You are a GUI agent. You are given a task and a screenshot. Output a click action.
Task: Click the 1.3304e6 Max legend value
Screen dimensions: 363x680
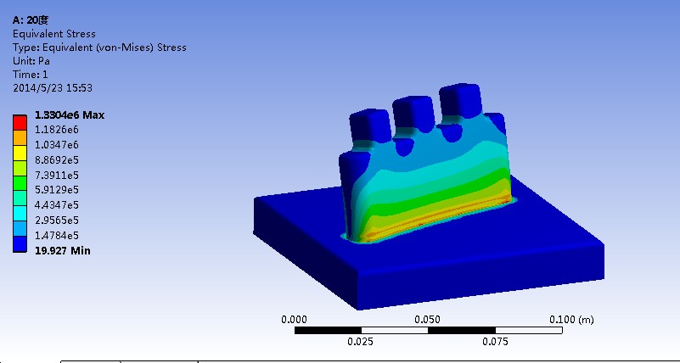[x=70, y=115]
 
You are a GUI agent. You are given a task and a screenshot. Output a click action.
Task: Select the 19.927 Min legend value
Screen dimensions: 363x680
[x=62, y=250]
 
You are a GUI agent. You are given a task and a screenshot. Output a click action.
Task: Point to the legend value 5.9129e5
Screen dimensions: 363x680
[x=57, y=190]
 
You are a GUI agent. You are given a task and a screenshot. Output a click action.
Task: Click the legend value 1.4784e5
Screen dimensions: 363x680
[x=57, y=235]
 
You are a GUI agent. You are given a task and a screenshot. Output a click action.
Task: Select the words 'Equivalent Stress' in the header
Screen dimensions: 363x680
[x=53, y=34]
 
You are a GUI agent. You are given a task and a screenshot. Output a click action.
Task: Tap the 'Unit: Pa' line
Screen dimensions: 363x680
[x=32, y=61]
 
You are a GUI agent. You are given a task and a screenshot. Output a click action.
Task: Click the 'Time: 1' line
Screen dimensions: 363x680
[x=30, y=75]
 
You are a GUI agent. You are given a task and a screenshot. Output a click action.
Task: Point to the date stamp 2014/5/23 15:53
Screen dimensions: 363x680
[x=53, y=87]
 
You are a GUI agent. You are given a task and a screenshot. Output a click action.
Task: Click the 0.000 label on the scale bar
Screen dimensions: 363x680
[x=294, y=320]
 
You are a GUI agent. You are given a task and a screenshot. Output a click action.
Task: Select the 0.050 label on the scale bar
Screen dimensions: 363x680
[x=427, y=320]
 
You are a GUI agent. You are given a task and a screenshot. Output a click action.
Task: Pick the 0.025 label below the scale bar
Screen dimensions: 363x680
[x=361, y=342]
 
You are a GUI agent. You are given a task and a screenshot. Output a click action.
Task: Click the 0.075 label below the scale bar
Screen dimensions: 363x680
[x=494, y=342]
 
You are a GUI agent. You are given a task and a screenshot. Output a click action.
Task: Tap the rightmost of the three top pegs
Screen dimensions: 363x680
[x=459, y=100]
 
